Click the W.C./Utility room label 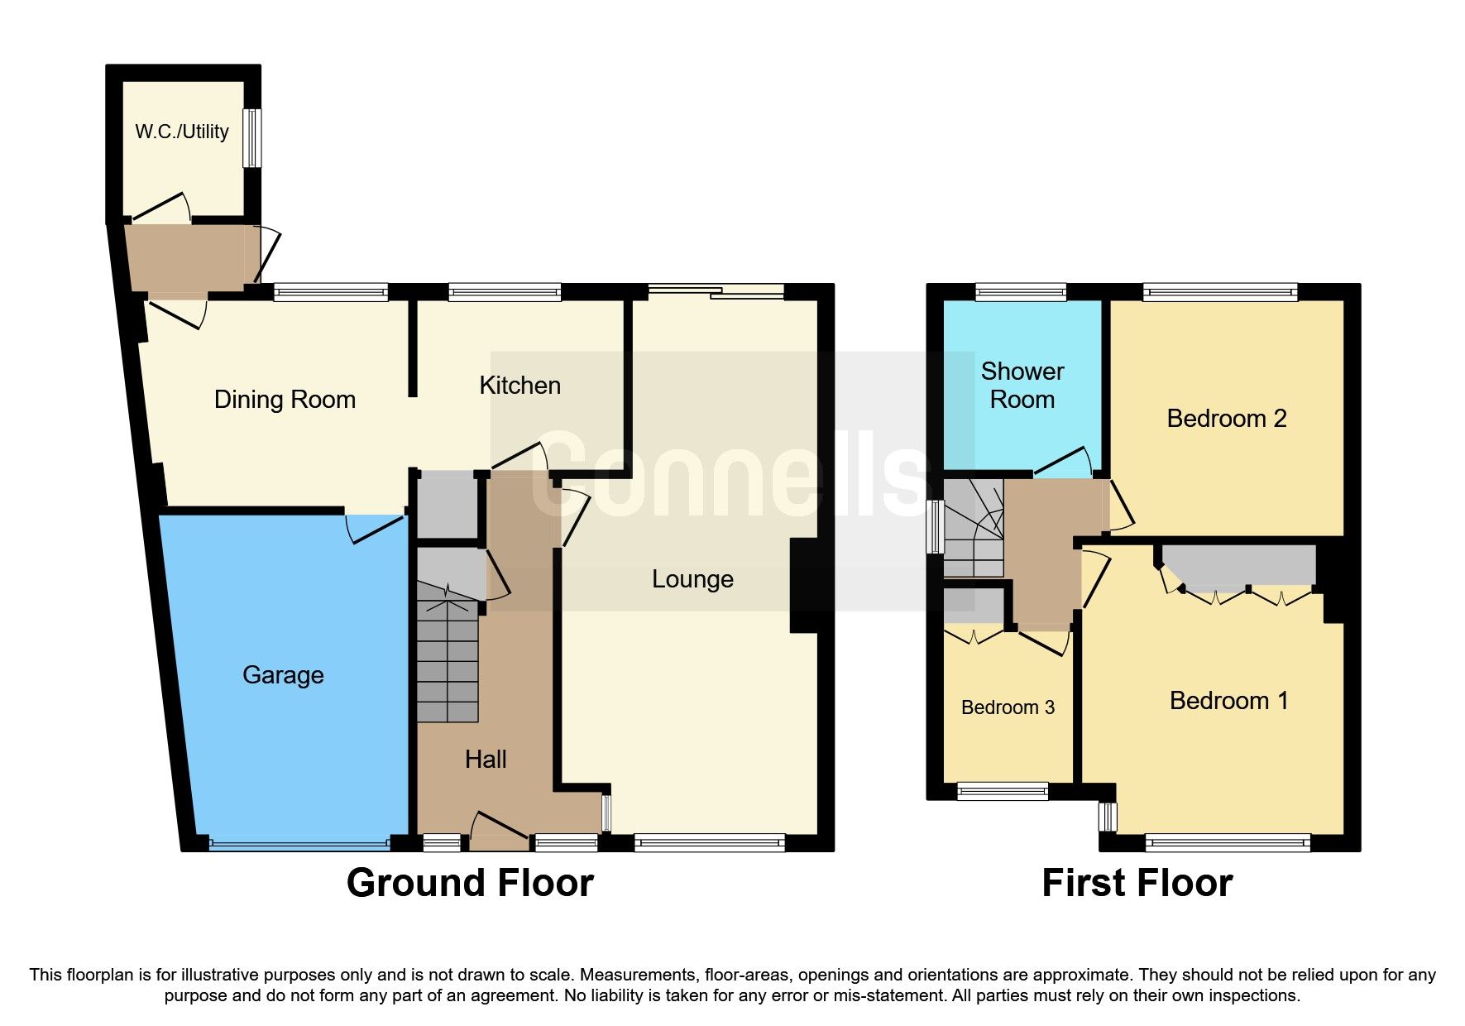click(x=182, y=132)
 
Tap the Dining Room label click(x=285, y=400)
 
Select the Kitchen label click(x=519, y=386)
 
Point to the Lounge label click(x=692, y=579)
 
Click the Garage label click(x=283, y=675)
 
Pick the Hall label click(x=486, y=760)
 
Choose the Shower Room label click(x=1022, y=386)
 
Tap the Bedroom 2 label click(x=1227, y=419)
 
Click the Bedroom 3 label click(x=1008, y=707)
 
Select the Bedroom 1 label click(x=1229, y=701)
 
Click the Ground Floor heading click(x=470, y=883)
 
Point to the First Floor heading click(x=1137, y=883)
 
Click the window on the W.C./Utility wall click(x=252, y=137)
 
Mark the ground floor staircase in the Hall click(x=448, y=658)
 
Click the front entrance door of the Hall click(x=499, y=832)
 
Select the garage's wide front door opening click(x=299, y=844)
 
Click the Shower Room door click(x=1063, y=463)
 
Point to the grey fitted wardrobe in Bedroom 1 click(x=1238, y=564)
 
